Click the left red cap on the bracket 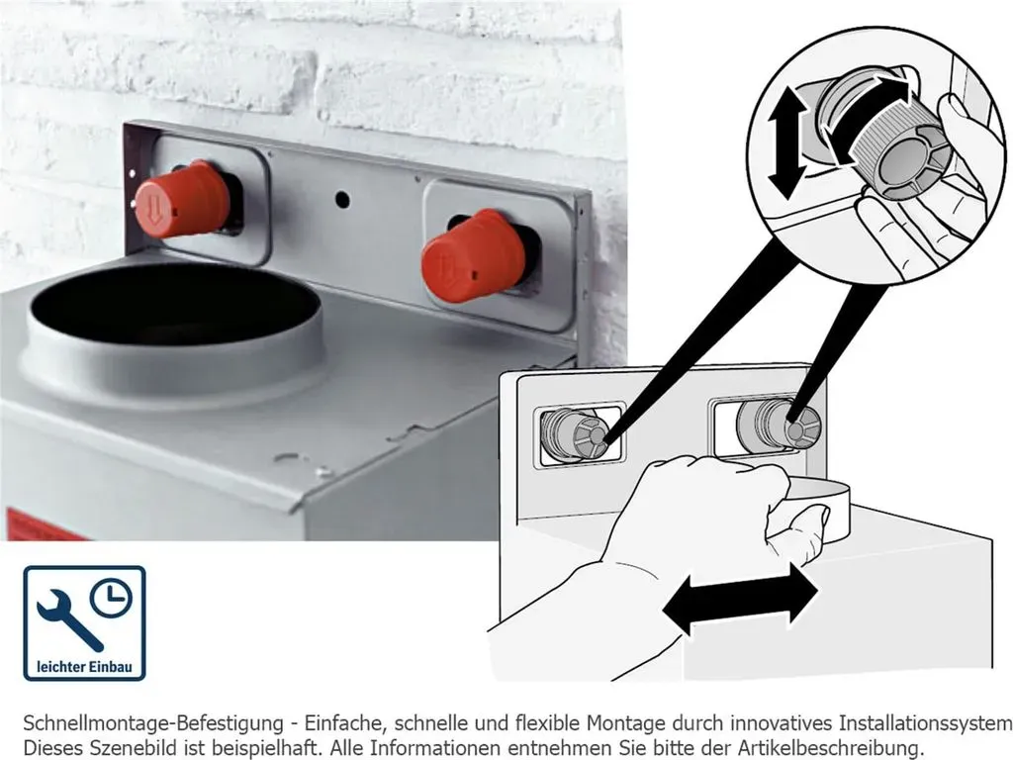182,199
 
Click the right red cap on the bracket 474,256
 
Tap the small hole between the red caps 342,199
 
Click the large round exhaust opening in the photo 174,304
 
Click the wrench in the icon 68,619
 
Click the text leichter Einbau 84,666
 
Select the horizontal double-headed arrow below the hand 740,598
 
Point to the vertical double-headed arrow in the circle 787,142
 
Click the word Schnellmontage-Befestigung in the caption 153,723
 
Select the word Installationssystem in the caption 925,723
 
